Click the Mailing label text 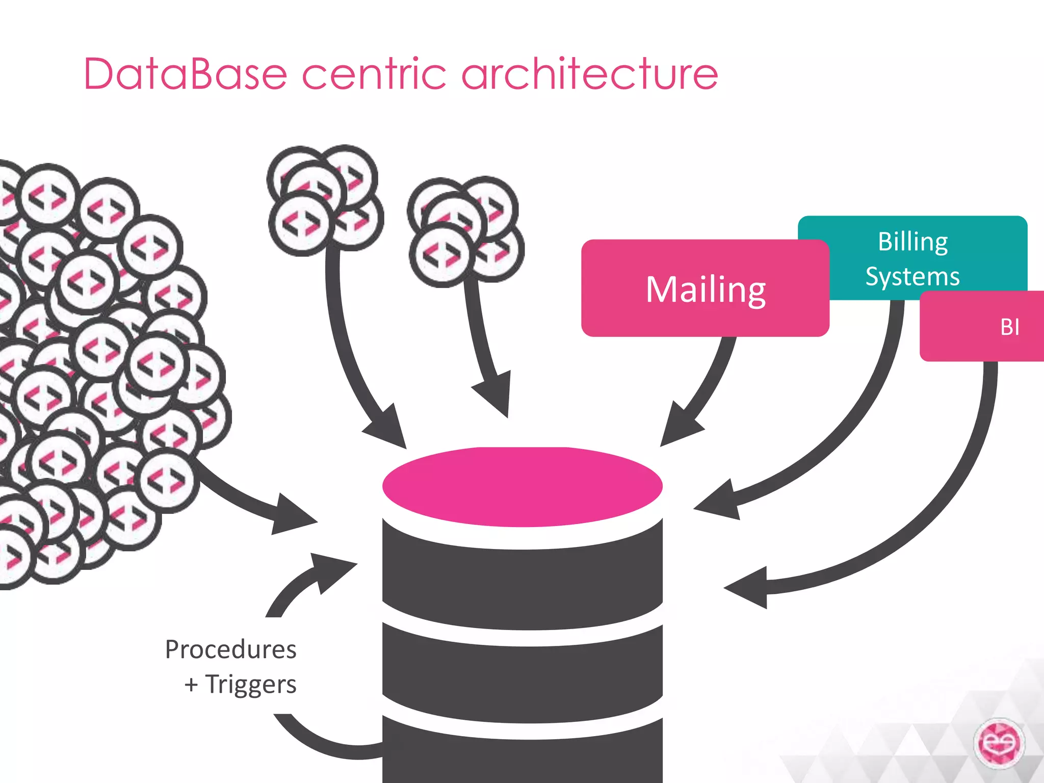(706, 290)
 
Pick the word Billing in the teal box (912, 242)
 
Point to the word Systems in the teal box (912, 277)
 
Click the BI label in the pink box (1009, 327)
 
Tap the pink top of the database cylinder (522, 486)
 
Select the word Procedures (231, 649)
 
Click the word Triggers (251, 684)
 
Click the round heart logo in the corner (999, 743)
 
